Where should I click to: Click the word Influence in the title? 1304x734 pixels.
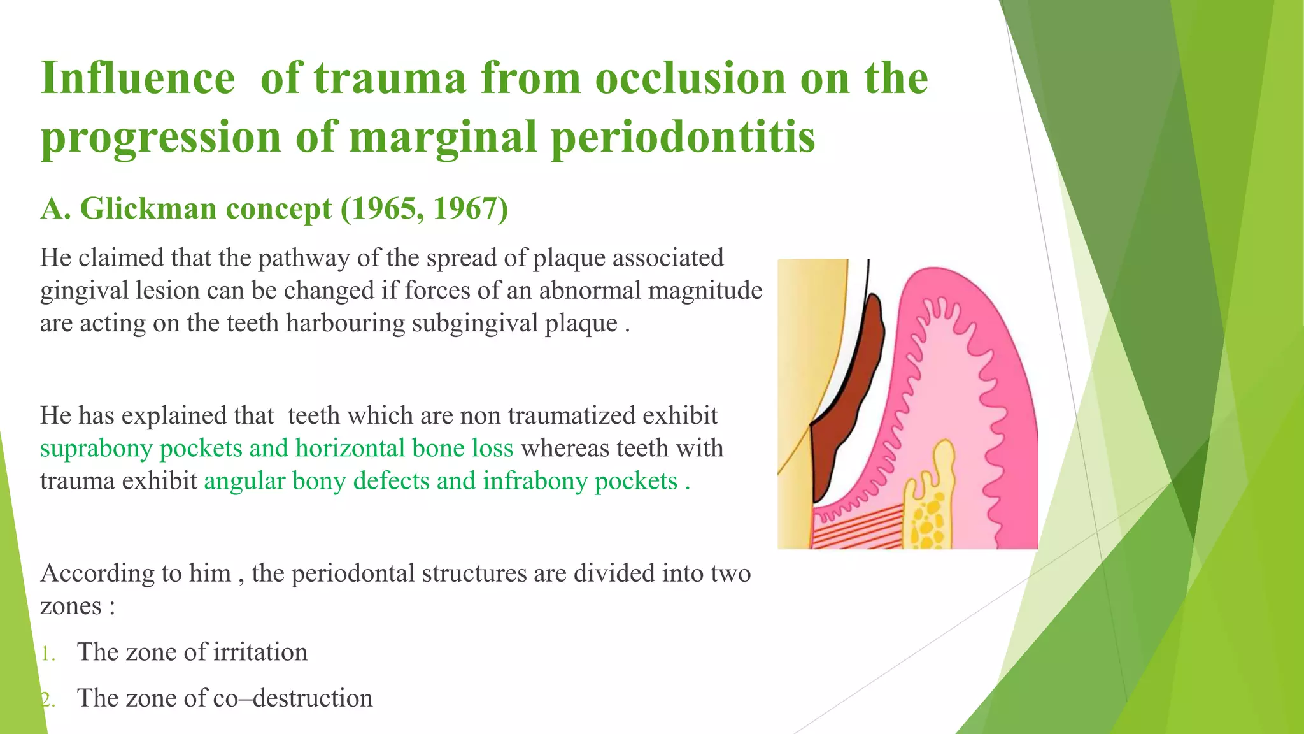138,79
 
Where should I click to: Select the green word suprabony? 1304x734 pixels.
96,449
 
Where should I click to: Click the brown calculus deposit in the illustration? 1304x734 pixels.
853,395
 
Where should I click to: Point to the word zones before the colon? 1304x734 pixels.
70,606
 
